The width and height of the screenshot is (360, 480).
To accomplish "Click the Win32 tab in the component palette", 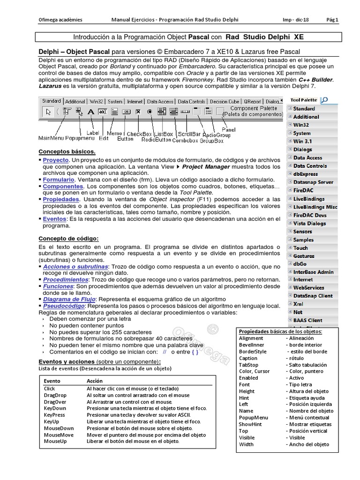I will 97,101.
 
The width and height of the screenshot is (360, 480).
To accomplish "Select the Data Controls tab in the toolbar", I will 191,101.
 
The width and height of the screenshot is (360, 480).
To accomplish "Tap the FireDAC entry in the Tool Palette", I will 303,191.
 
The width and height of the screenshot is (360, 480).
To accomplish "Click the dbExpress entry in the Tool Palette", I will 306,174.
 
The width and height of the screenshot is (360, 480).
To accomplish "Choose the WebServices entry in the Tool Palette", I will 308,288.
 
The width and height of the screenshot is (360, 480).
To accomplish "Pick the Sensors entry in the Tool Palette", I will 302,232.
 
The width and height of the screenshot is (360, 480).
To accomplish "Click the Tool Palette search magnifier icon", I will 324,99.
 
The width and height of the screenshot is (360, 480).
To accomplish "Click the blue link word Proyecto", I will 55,160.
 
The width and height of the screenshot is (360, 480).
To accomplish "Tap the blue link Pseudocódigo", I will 65,306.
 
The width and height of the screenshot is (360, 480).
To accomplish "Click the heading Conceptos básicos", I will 67,152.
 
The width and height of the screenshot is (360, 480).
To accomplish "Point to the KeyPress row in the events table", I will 54,415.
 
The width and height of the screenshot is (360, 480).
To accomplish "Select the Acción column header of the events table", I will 94,381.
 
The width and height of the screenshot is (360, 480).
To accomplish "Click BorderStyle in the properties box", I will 252,352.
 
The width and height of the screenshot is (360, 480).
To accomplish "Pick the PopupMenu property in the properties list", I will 253,418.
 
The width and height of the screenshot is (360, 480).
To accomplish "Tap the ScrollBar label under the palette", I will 190,135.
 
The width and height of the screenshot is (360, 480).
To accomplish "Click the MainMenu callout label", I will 51,139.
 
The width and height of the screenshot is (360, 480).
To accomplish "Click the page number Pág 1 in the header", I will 332,20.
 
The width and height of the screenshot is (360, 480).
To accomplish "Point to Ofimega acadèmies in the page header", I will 60,20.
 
